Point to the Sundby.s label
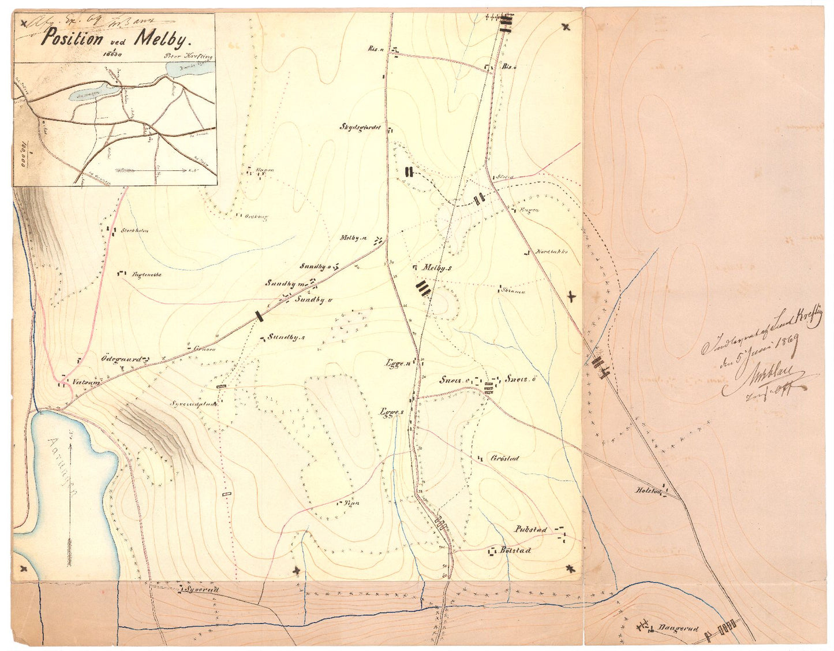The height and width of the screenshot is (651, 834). tap(286, 337)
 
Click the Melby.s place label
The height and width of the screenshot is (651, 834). tap(437, 267)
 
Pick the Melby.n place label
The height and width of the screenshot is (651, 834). tap(354, 238)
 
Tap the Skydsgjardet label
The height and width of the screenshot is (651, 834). tap(361, 127)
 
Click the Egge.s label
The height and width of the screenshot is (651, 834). tap(391, 412)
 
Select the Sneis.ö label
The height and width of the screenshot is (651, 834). tap(522, 380)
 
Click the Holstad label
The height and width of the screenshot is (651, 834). tap(647, 490)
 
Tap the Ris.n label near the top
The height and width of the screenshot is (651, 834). tap(376, 49)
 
